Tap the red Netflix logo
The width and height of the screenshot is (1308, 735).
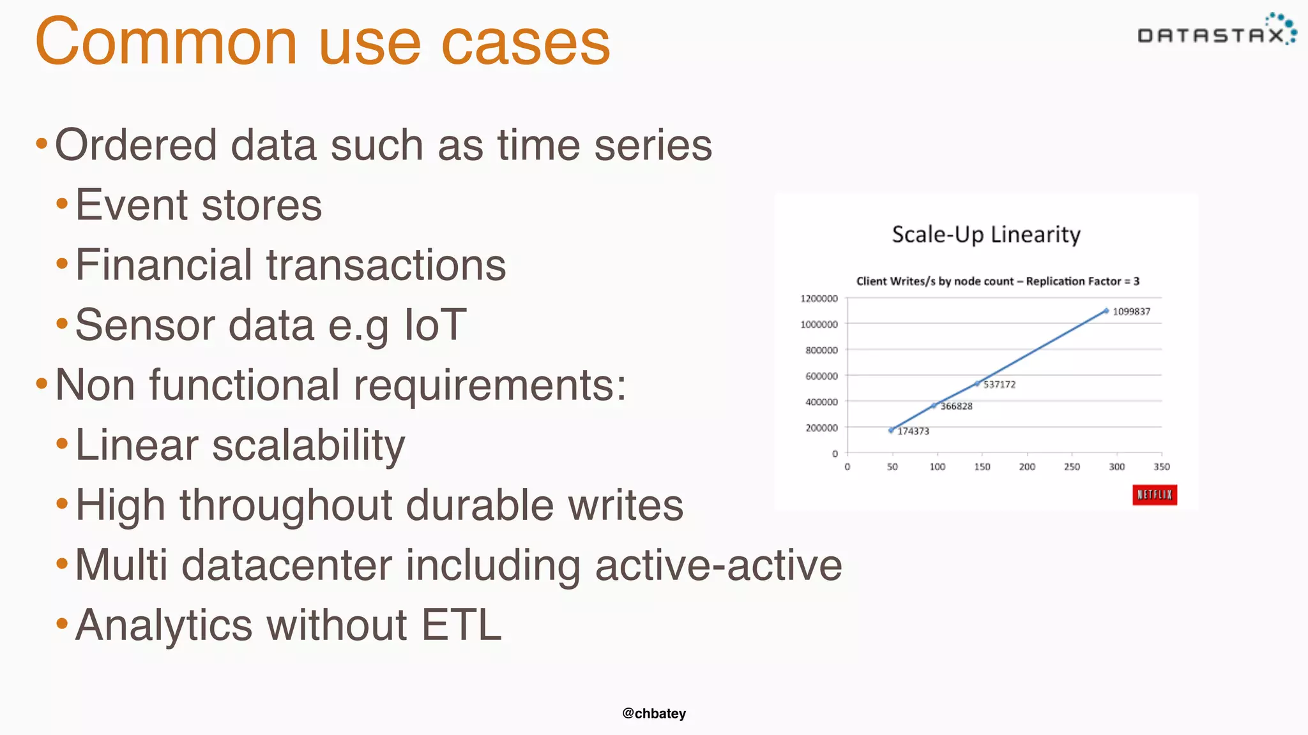(x=1154, y=495)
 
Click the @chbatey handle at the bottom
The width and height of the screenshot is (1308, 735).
(x=654, y=713)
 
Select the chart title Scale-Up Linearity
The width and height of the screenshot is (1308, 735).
(x=985, y=235)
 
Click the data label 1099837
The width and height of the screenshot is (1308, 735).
(x=1131, y=312)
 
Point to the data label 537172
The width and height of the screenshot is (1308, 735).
(x=1000, y=385)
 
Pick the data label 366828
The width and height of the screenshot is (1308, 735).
(x=956, y=406)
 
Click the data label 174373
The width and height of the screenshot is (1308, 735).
(x=913, y=431)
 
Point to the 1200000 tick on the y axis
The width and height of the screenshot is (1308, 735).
(x=819, y=299)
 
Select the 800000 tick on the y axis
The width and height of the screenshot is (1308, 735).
(x=821, y=350)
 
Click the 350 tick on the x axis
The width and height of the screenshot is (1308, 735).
(x=1161, y=467)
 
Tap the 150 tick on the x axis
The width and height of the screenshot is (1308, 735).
(x=982, y=467)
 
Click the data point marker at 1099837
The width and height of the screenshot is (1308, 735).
(x=1106, y=311)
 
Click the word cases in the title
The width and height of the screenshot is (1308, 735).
(x=525, y=42)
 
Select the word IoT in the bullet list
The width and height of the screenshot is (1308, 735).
(x=436, y=325)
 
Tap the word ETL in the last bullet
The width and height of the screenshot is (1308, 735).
(x=461, y=625)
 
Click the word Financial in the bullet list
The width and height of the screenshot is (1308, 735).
(x=164, y=265)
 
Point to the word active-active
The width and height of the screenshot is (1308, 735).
(x=719, y=565)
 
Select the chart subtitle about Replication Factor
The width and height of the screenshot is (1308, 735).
(x=998, y=281)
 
